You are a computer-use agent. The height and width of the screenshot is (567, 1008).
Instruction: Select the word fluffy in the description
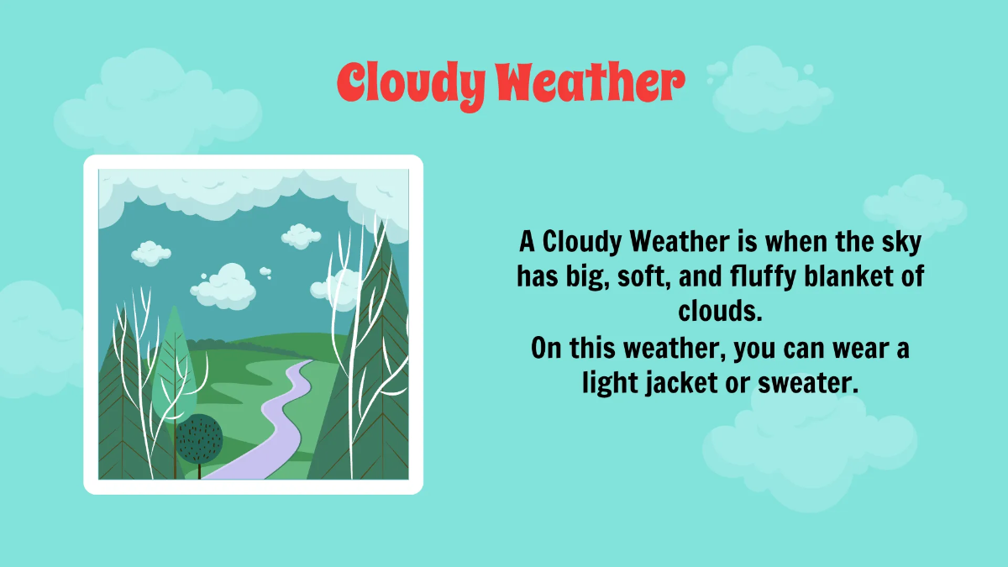pyautogui.click(x=760, y=276)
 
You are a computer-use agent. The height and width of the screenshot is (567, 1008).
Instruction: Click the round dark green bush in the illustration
pyautogui.click(x=200, y=438)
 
